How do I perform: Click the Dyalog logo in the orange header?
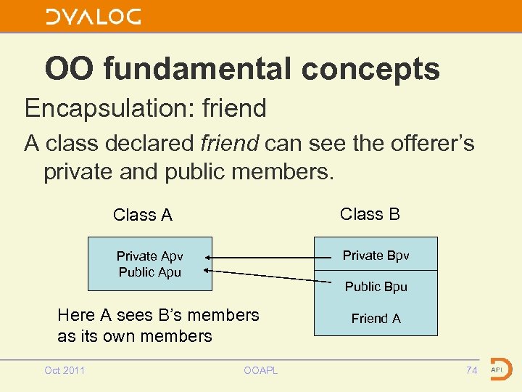(x=94, y=17)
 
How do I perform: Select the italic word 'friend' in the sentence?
(x=230, y=143)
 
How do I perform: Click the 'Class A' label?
(x=143, y=215)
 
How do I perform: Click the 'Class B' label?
(x=370, y=213)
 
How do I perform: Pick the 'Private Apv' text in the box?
(x=150, y=256)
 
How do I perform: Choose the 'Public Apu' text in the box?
(x=150, y=272)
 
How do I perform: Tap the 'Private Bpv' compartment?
(x=376, y=255)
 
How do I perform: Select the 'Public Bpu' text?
(x=376, y=287)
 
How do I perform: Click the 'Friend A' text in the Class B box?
(x=376, y=318)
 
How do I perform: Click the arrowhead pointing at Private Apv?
(x=208, y=257)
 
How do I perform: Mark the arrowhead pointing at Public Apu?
(x=208, y=270)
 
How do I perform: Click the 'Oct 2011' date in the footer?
(x=65, y=370)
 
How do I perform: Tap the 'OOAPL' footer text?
(x=261, y=371)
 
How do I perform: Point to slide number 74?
(x=471, y=370)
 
